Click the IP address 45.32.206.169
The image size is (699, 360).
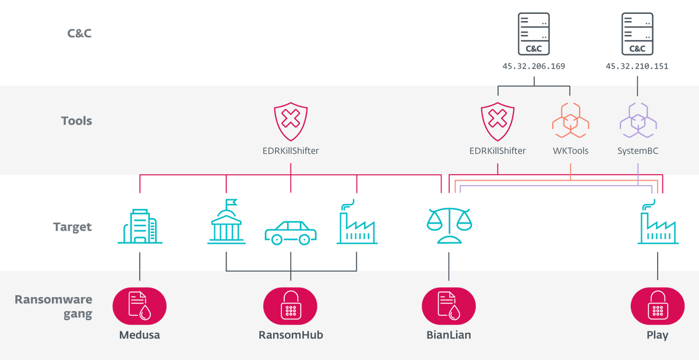534,66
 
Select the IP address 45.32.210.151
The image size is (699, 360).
637,66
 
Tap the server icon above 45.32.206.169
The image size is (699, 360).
534,34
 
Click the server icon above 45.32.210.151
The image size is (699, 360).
637,34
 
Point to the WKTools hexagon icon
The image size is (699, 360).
570,121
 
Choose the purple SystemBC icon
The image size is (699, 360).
638,121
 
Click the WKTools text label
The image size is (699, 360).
570,151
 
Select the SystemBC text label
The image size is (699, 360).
638,151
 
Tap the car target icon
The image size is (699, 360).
291,232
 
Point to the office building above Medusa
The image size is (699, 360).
140,225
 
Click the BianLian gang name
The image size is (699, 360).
449,335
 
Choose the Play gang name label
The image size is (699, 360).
657,335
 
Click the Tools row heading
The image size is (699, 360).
76,121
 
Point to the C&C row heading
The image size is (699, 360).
79,33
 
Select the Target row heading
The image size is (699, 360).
73,227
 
